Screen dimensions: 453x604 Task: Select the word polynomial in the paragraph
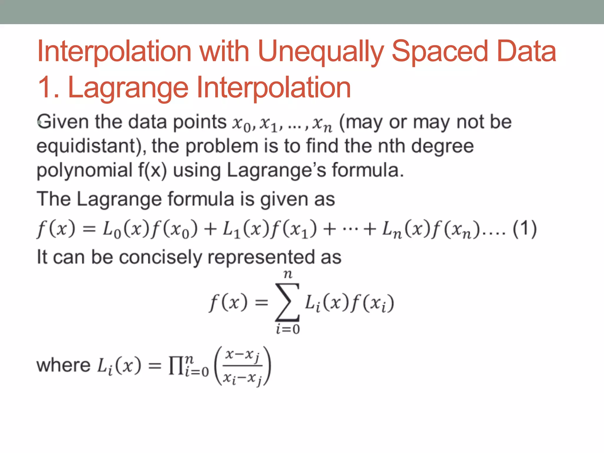(84, 171)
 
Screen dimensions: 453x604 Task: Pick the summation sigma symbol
(287, 303)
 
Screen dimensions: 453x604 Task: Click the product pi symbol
(175, 366)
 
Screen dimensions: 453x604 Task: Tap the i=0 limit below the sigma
(288, 329)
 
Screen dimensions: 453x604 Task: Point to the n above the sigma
(288, 275)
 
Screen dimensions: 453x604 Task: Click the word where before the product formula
(63, 365)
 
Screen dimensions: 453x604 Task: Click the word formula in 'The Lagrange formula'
(201, 199)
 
